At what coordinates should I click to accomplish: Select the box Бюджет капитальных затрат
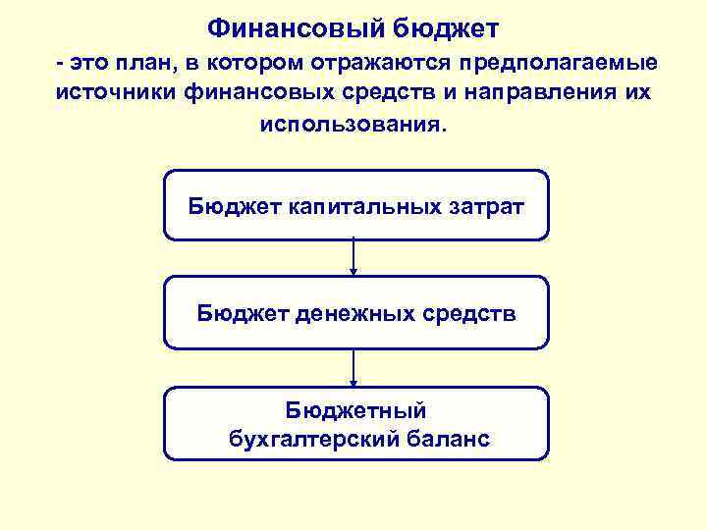355,205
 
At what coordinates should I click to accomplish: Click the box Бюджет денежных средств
355,313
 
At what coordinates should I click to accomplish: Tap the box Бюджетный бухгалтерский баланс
355,423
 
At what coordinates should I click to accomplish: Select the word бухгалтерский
314,438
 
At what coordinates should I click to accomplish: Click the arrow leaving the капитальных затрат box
353,258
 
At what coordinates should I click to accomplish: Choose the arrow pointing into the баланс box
353,368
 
